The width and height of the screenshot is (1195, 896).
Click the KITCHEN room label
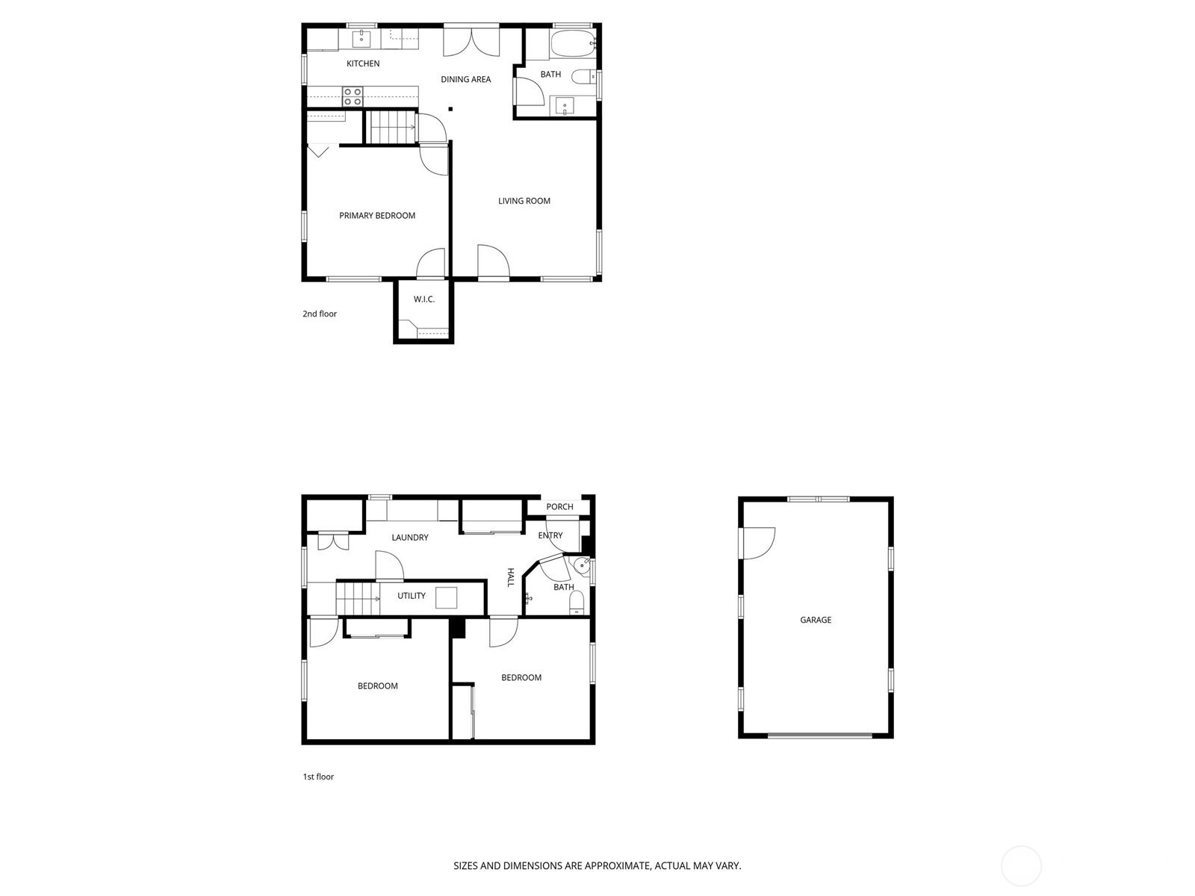tap(363, 63)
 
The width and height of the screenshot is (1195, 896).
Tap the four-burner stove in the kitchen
tap(353, 97)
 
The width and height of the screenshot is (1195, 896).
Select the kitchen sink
tap(361, 39)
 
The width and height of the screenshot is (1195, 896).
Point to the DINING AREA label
tap(465, 79)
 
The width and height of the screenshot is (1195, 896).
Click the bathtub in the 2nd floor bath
tap(573, 43)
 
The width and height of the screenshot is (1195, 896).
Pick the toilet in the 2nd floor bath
tap(583, 77)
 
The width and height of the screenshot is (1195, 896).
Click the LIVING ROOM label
tap(524, 202)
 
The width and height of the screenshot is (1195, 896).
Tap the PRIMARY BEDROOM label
tap(377, 216)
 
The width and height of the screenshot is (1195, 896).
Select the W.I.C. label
tap(424, 299)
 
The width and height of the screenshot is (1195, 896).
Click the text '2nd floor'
tap(320, 314)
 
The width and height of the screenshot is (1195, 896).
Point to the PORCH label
tap(559, 507)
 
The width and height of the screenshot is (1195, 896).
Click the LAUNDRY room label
tap(410, 538)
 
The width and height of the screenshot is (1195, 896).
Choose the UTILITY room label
tap(411, 596)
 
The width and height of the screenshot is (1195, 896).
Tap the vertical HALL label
tap(511, 577)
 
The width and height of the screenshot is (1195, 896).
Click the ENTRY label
tap(550, 535)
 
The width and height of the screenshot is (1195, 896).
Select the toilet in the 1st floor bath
tap(577, 603)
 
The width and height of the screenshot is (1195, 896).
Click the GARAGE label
tap(816, 620)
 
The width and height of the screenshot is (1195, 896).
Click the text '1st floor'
tap(318, 777)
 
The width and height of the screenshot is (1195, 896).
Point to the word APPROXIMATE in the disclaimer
tap(618, 865)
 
